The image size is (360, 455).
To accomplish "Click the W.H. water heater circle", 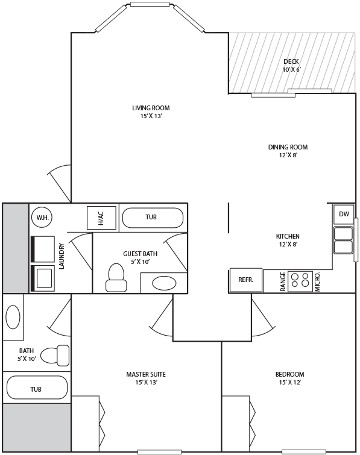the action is coord(42,217).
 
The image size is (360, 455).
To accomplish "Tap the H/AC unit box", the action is coord(102,218).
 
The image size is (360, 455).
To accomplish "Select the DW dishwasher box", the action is coord(344,214).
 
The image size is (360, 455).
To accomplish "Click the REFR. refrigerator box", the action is coord(246,280).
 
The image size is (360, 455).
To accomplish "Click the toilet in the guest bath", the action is coord(116,277).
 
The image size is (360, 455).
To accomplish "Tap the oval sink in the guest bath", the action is coord(164,283).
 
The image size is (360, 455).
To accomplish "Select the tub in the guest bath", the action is coord(153,218).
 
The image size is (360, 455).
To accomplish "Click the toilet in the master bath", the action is coord(55,356).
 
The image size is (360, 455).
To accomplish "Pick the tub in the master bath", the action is coord(37,388).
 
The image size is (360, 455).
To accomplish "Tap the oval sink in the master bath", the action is coord(13,317).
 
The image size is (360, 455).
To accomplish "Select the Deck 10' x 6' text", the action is coord(291,66).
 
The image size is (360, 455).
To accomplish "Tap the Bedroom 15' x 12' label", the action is coord(289,378).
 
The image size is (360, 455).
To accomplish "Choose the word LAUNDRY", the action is coord(62,256).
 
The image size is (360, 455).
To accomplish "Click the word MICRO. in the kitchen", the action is coord(317,281).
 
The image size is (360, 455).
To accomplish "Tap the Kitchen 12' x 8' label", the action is coord(288,240).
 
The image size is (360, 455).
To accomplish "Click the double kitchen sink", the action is coord(343,240).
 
